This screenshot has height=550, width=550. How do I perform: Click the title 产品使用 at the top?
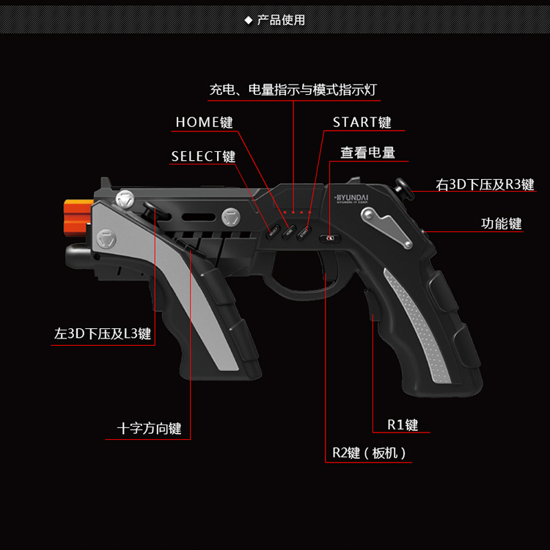click(281, 20)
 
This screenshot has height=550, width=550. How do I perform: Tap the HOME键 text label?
click(204, 122)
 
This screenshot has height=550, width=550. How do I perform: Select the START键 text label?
click(362, 122)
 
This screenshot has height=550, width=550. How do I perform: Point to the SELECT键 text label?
click(203, 156)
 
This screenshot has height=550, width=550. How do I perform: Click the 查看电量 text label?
click(367, 153)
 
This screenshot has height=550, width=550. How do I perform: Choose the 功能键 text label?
click(502, 223)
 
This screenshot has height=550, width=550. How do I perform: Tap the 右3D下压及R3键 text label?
click(485, 184)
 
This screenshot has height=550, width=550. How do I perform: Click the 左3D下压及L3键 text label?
click(103, 334)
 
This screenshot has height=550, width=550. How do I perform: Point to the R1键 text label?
click(403, 424)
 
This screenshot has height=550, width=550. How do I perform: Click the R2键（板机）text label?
click(369, 453)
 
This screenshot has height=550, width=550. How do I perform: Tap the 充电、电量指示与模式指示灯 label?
click(293, 90)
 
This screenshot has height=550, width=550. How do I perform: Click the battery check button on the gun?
click(328, 237)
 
